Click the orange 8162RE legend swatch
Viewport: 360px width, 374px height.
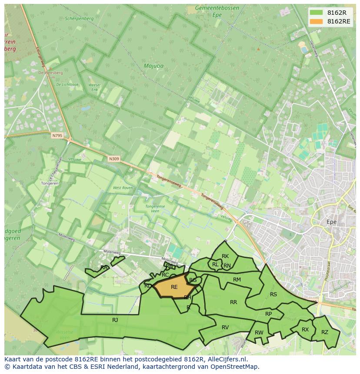click(316, 21)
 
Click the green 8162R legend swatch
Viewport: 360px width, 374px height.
click(316, 13)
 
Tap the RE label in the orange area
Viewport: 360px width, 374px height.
click(174, 287)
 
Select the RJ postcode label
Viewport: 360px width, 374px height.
click(115, 320)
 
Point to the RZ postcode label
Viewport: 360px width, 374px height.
click(325, 332)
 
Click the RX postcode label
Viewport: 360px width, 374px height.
click(305, 330)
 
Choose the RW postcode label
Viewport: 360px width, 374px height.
click(259, 333)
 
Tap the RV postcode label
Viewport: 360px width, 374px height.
click(225, 328)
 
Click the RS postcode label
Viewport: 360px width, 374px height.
click(273, 295)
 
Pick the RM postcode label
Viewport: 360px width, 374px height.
click(237, 280)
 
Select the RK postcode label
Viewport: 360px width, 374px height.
click(225, 256)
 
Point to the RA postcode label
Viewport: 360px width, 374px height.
click(104, 268)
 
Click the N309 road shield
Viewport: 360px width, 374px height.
click(114, 159)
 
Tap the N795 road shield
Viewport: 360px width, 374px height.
click(57, 136)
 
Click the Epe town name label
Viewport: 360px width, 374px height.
click(332, 222)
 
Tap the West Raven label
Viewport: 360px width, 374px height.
click(123, 188)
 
